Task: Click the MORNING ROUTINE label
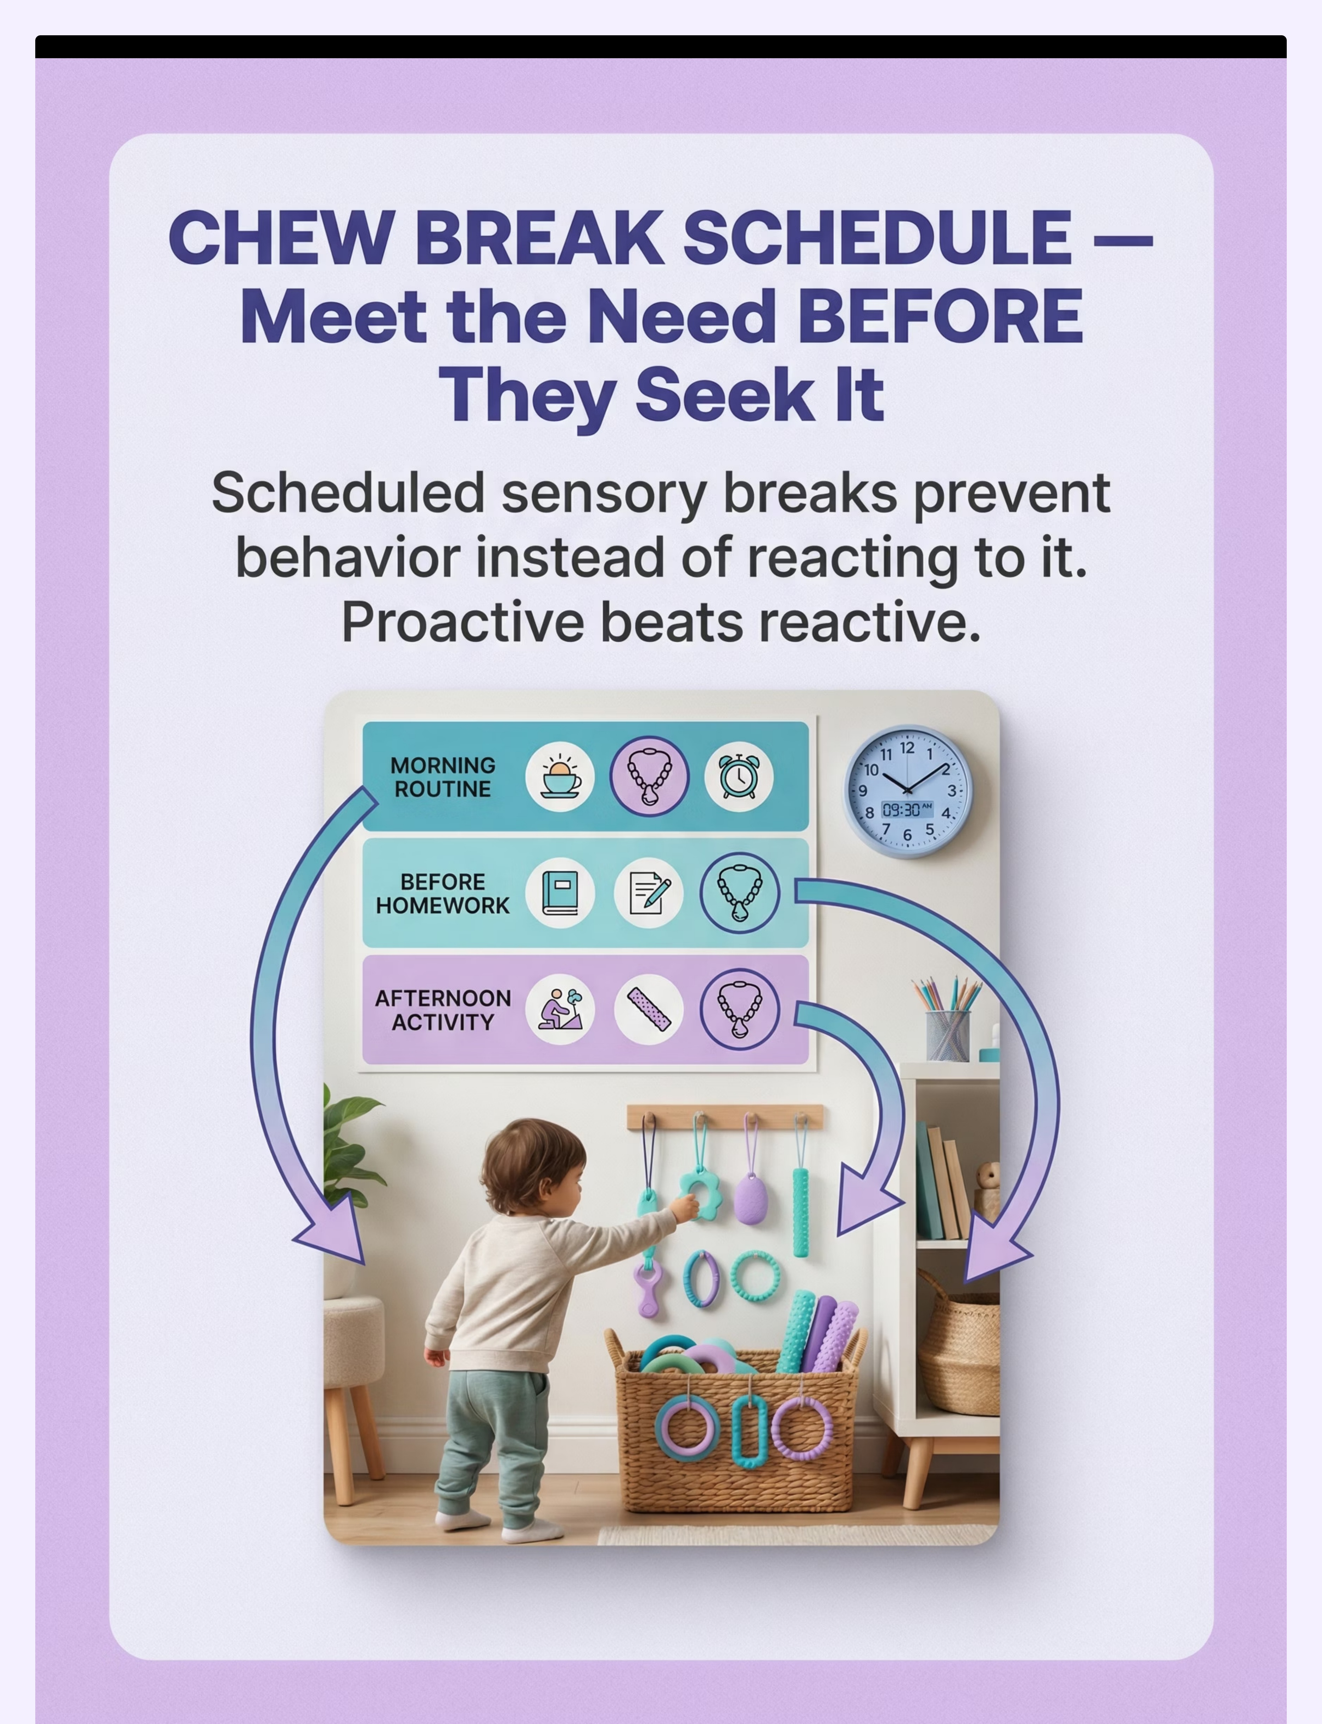click(443, 777)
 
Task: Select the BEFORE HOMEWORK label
click(443, 894)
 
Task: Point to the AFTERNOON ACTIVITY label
click(443, 1010)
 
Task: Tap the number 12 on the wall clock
click(907, 748)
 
